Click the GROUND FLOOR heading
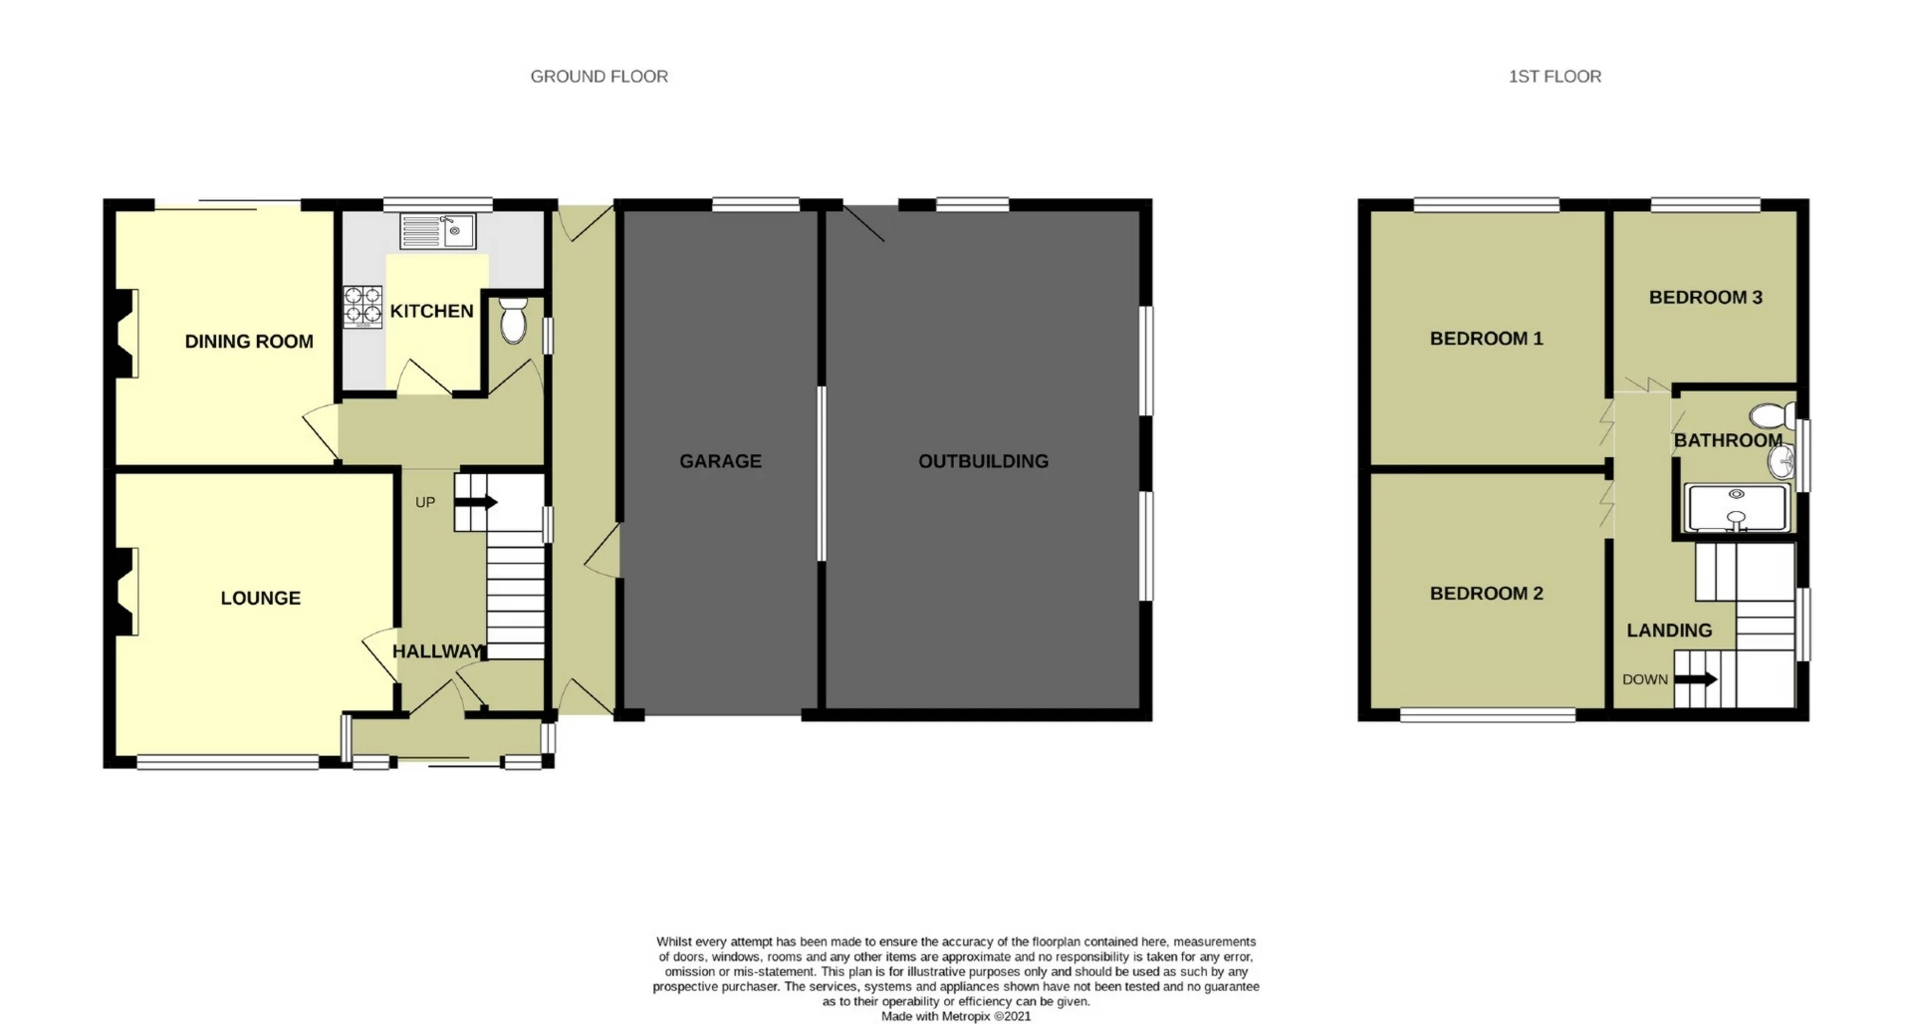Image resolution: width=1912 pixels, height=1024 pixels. click(598, 77)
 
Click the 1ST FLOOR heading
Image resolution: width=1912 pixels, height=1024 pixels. click(1554, 77)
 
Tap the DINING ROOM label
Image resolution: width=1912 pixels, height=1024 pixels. click(249, 342)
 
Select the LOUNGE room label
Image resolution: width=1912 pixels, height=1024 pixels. click(260, 598)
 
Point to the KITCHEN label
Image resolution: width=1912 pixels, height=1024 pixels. click(431, 311)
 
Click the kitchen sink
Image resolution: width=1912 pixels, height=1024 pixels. click(438, 232)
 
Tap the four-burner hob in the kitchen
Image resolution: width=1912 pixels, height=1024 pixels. click(362, 307)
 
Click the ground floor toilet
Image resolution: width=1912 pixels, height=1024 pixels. click(513, 320)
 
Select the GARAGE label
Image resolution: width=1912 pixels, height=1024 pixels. click(720, 461)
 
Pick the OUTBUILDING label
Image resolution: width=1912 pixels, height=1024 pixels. click(983, 461)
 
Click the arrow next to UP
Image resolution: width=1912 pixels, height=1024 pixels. click(477, 503)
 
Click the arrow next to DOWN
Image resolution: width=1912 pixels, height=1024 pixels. click(1696, 680)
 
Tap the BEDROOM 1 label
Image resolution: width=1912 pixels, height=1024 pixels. click(1486, 339)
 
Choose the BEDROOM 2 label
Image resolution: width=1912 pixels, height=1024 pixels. click(1486, 594)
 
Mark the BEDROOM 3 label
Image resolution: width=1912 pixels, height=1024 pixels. click(1705, 297)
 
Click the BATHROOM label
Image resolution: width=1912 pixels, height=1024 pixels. click(1728, 440)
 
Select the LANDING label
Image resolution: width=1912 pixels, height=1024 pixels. click(1669, 631)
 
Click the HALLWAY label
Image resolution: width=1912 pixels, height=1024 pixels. click(437, 651)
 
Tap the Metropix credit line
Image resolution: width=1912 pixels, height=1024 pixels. click(956, 1016)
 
